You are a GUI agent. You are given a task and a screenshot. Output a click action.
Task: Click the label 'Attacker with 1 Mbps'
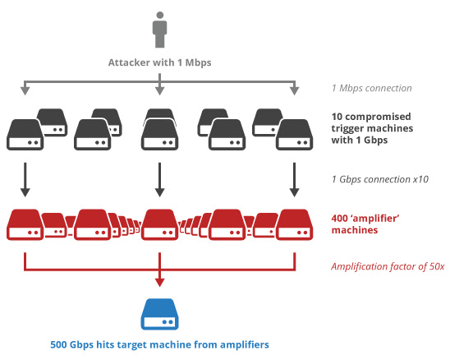158,62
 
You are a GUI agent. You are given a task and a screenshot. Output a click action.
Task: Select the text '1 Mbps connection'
372,89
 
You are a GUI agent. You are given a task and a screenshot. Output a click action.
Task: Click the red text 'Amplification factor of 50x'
387,267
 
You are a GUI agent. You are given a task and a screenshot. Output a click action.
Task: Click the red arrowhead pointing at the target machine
158,283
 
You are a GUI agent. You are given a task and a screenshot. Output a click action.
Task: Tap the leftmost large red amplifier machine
25,224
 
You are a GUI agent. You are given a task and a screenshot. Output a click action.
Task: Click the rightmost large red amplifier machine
295,224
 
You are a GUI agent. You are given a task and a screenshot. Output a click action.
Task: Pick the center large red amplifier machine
159,224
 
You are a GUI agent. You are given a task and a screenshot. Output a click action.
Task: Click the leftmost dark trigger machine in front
25,134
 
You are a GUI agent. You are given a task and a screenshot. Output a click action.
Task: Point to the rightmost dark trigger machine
295,134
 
